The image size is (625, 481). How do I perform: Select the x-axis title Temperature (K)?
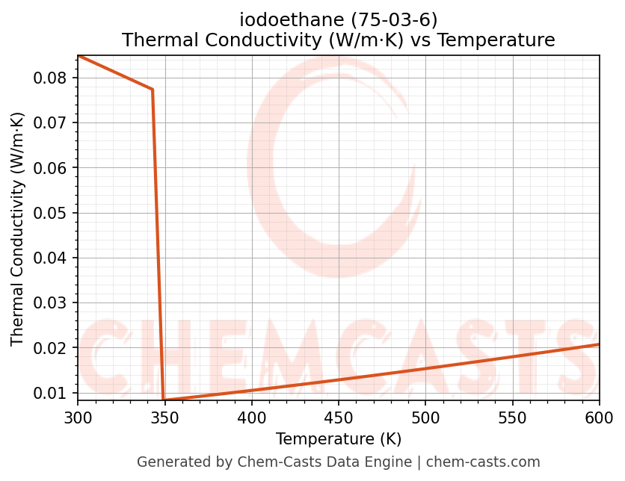[339, 438]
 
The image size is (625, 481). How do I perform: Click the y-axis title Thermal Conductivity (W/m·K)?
[18, 229]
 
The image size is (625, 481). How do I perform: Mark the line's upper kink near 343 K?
[153, 90]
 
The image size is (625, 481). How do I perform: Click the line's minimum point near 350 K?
[164, 400]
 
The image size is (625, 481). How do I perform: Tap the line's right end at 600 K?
[599, 344]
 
